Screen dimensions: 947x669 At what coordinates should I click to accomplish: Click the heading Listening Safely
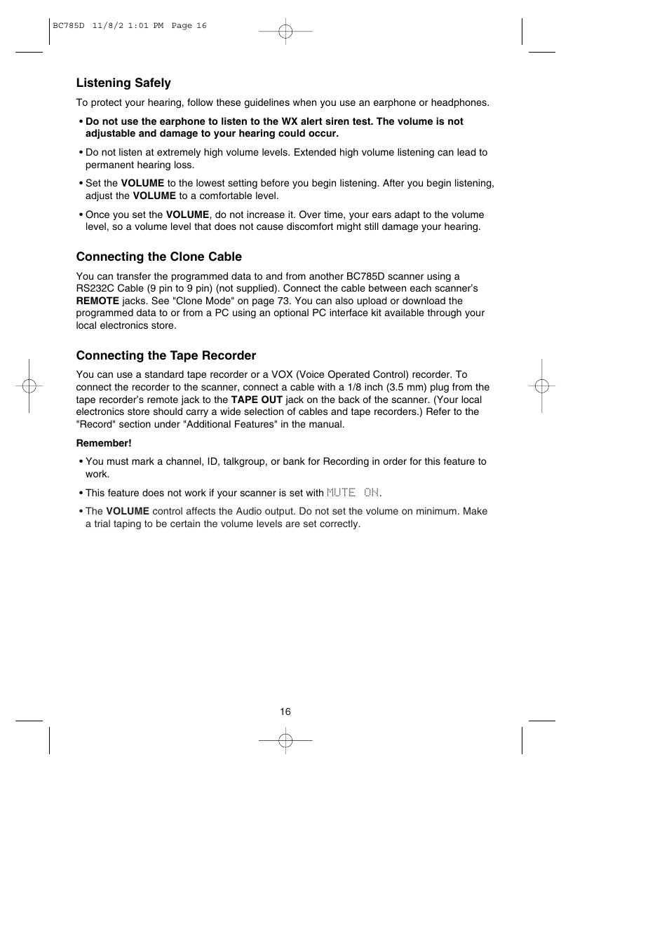pos(123,83)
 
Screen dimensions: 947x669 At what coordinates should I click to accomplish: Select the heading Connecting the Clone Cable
pos(158,257)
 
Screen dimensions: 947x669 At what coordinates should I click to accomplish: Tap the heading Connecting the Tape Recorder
pos(165,355)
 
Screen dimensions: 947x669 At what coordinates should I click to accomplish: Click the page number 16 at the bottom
pos(285,711)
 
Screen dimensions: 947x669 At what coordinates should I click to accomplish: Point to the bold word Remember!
pos(104,443)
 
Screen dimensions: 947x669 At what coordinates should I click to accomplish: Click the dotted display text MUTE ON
pos(353,493)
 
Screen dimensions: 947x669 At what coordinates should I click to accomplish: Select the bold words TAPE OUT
pos(257,400)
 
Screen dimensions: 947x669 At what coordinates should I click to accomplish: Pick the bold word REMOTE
pos(97,301)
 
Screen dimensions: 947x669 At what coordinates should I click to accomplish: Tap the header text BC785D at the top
pos(68,26)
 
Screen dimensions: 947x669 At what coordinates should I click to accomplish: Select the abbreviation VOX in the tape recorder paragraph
pos(282,374)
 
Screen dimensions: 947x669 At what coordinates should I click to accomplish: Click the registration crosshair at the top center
pos(285,32)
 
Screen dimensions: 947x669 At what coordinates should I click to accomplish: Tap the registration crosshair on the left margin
pos(29,386)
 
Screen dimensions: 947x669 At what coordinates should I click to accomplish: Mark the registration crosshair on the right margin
pos(541,386)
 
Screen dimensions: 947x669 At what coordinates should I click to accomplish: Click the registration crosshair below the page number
pos(285,740)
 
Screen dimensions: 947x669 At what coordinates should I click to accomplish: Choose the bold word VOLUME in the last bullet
pos(128,511)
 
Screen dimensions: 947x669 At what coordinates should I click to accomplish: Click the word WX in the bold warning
pos(290,121)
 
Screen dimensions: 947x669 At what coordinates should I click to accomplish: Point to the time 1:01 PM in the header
pos(146,26)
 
